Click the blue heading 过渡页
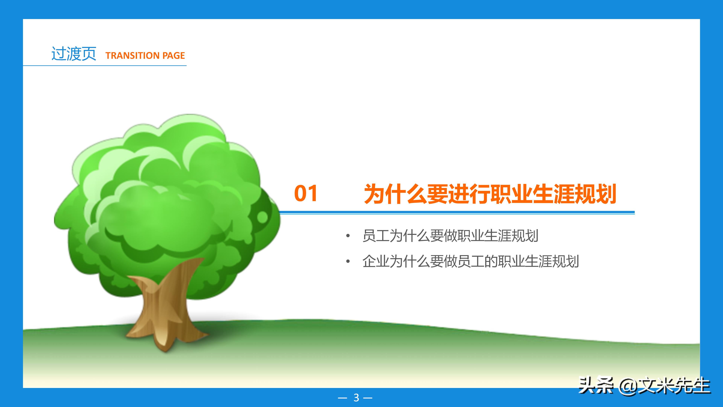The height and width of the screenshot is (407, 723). click(74, 54)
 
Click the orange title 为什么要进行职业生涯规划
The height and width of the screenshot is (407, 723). click(490, 194)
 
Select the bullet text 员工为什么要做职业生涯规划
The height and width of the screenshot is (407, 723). click(450, 236)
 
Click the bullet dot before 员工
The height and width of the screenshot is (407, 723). click(348, 236)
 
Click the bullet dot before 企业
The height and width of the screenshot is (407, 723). click(348, 262)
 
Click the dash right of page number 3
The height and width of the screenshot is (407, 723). click(368, 398)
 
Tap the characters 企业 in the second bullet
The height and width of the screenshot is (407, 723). click(376, 262)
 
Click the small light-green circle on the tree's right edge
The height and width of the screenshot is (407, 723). click(262, 217)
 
